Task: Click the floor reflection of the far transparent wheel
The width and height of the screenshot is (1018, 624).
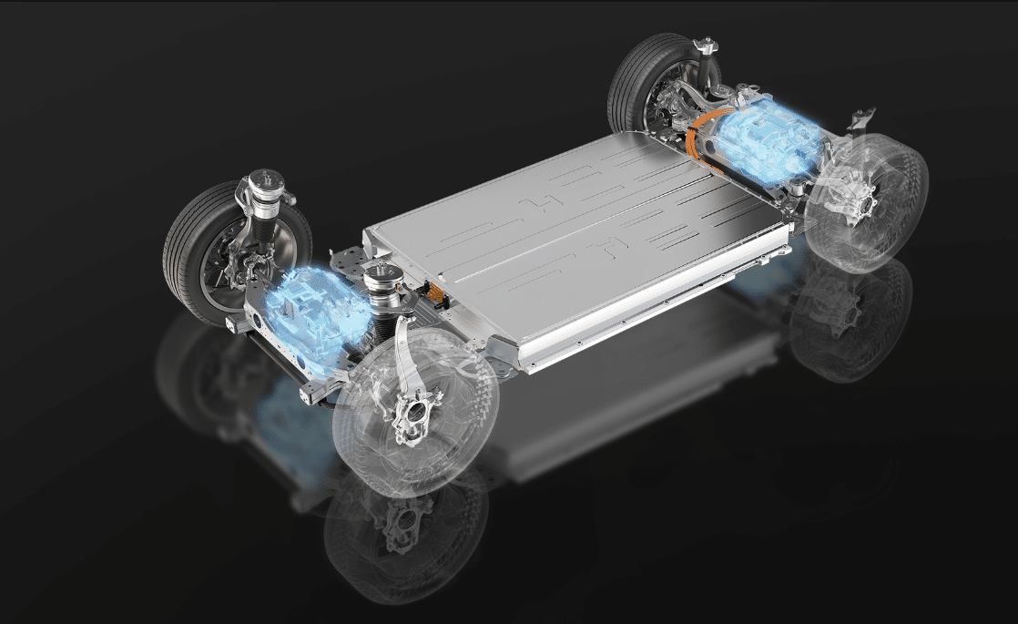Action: [847, 319]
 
